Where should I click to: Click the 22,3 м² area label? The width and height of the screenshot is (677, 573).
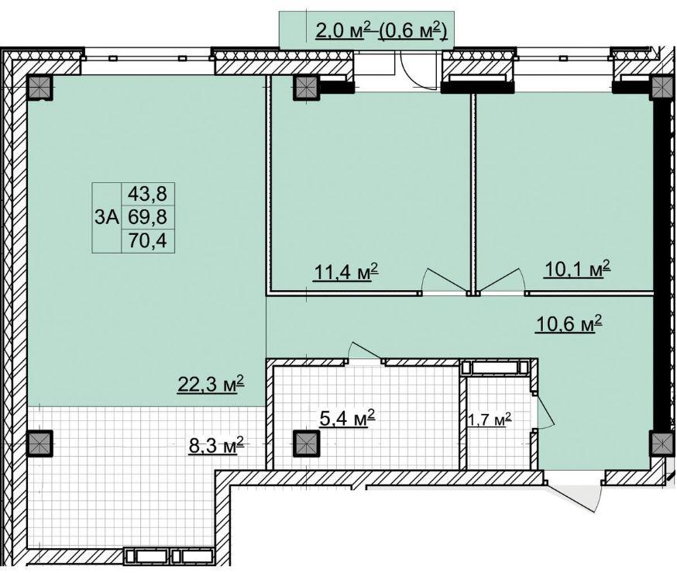(x=211, y=384)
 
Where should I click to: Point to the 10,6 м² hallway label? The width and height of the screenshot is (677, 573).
(x=569, y=323)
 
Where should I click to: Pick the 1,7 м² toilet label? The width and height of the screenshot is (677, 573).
(x=490, y=419)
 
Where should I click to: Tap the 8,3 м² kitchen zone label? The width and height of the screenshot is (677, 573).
(x=216, y=444)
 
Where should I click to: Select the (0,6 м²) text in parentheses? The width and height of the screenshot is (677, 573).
(x=412, y=31)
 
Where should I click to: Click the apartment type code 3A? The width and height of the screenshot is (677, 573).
(x=107, y=218)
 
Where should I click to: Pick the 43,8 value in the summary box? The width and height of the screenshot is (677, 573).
(x=147, y=194)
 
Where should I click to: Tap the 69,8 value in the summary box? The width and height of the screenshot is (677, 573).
(x=147, y=216)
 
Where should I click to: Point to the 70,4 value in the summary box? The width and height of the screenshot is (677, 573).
(x=147, y=240)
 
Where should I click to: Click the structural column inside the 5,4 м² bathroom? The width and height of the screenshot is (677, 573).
(x=306, y=444)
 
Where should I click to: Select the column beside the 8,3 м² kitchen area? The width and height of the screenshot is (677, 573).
(x=40, y=444)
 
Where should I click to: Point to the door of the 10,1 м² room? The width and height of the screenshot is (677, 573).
(x=501, y=280)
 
